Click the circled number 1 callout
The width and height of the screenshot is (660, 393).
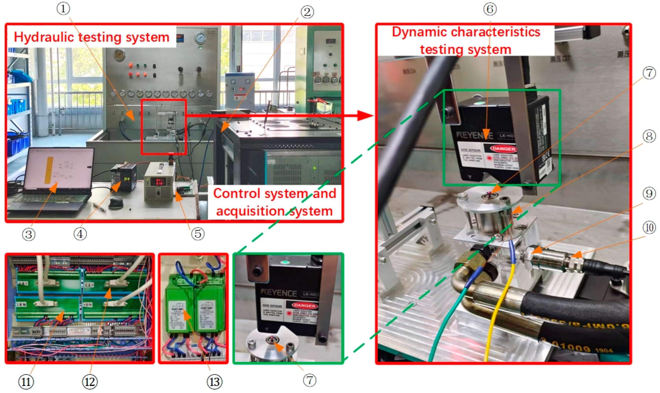click(x=63, y=9)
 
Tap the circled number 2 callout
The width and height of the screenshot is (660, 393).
click(x=307, y=12)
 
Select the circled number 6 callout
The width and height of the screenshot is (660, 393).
click(x=490, y=9)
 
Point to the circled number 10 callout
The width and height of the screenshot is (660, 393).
click(x=649, y=227)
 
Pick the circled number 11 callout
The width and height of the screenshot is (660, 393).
click(x=26, y=382)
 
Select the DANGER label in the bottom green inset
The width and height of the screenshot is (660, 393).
click(x=304, y=305)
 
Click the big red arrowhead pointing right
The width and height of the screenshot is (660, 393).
click(x=365, y=115)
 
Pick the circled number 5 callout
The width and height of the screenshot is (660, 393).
click(x=198, y=234)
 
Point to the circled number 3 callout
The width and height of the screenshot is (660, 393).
click(x=29, y=234)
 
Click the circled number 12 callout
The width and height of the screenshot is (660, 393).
click(x=90, y=382)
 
